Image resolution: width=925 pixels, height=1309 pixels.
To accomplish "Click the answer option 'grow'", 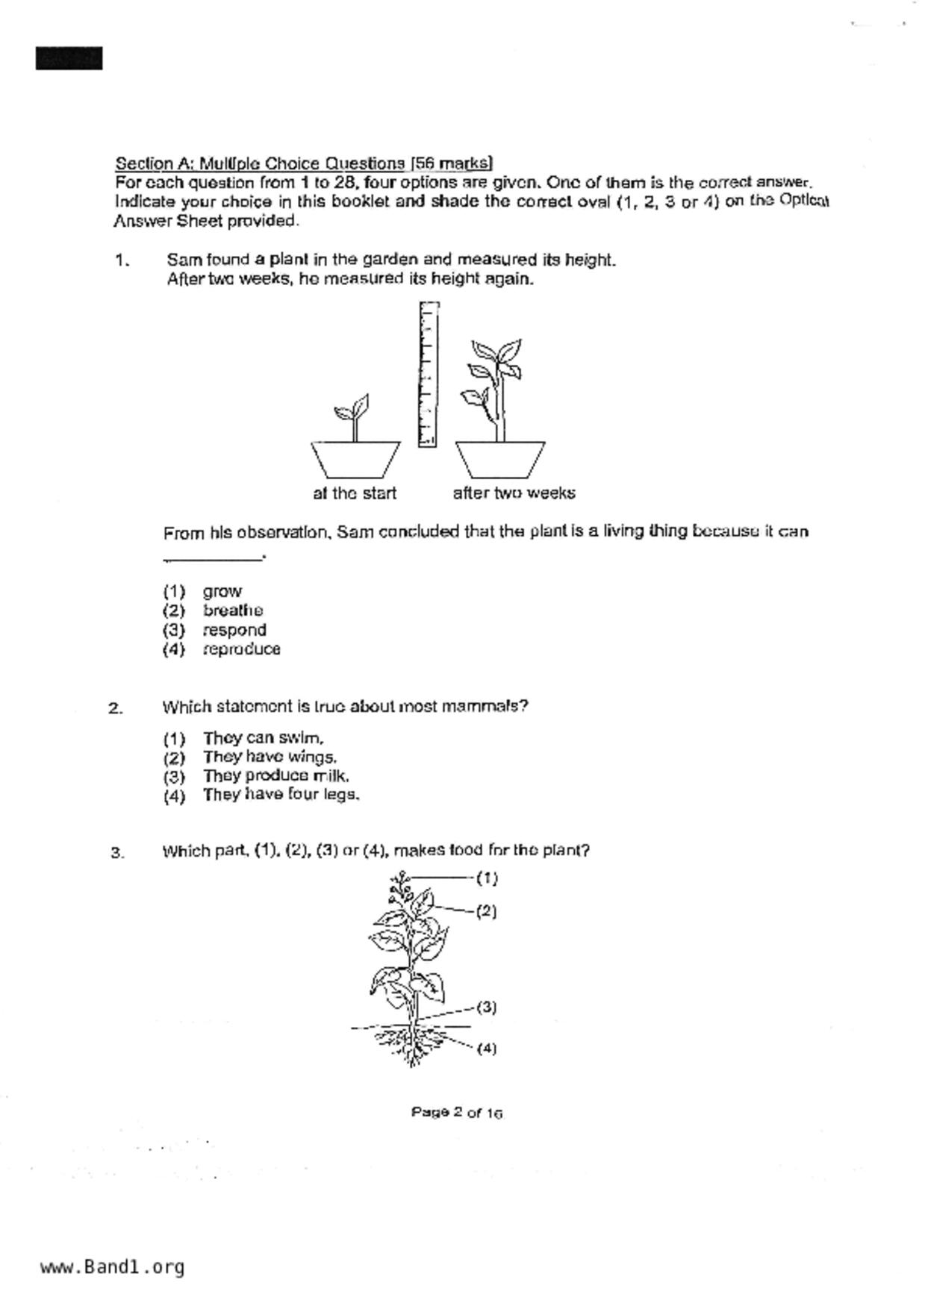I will pyautogui.click(x=222, y=591).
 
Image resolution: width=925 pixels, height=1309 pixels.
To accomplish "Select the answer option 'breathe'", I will pyautogui.click(x=232, y=610).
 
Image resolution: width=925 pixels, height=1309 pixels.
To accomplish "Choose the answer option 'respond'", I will pyautogui.click(x=234, y=630).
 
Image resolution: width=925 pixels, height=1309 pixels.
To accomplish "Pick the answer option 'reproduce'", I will pyautogui.click(x=241, y=649).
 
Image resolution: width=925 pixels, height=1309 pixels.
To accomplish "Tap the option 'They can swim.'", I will pyautogui.click(x=263, y=738).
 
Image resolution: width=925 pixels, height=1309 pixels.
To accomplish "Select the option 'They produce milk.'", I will pyautogui.click(x=275, y=776).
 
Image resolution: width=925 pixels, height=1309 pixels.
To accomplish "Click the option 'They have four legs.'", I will pyautogui.click(x=281, y=795).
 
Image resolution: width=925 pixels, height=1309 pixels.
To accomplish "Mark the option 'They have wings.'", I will pyautogui.click(x=270, y=757).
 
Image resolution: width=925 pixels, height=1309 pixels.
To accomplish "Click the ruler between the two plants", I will pyautogui.click(x=428, y=374).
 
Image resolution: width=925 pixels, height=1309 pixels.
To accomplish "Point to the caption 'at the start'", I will pyautogui.click(x=355, y=493).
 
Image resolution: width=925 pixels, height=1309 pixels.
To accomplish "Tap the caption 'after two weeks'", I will pyautogui.click(x=514, y=493).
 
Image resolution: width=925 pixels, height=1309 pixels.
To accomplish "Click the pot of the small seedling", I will pyautogui.click(x=355, y=459).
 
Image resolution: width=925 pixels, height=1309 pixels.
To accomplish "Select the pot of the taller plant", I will pyautogui.click(x=500, y=459).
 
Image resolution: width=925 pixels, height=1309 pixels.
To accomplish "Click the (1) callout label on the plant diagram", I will pyautogui.click(x=487, y=878).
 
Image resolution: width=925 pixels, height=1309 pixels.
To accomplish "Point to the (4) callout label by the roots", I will pyautogui.click(x=486, y=1048).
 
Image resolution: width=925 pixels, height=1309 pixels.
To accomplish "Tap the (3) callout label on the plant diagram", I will pyautogui.click(x=486, y=1007).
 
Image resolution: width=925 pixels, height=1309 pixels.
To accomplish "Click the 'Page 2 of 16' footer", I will pyautogui.click(x=456, y=1113).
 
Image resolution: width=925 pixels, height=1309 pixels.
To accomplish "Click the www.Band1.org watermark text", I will pyautogui.click(x=112, y=1267).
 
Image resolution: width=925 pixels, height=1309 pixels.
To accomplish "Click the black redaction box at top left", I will pyautogui.click(x=69, y=58).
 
